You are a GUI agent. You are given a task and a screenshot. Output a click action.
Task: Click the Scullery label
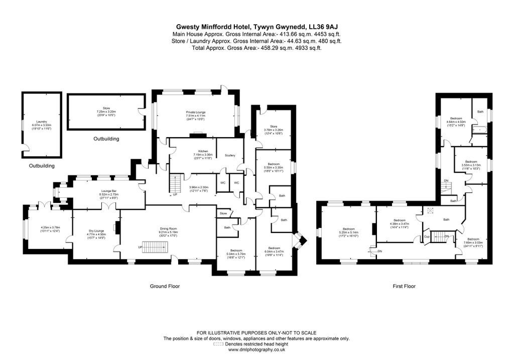230,155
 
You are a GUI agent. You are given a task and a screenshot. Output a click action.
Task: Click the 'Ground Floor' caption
165,286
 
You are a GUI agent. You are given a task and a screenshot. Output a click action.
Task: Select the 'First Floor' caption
404,286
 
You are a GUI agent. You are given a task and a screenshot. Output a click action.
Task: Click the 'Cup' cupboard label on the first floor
427,236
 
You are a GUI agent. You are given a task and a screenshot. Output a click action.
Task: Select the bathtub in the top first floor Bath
481,130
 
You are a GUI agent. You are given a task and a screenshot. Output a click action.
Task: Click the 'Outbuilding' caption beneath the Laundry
42,166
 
